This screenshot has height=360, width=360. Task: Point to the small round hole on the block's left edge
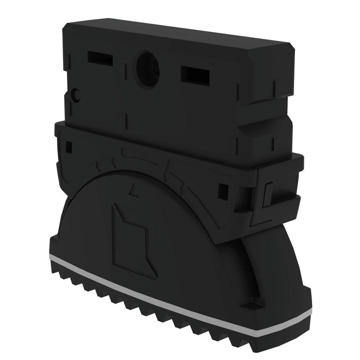(76, 95)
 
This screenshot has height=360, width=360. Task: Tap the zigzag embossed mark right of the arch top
(169, 169)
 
